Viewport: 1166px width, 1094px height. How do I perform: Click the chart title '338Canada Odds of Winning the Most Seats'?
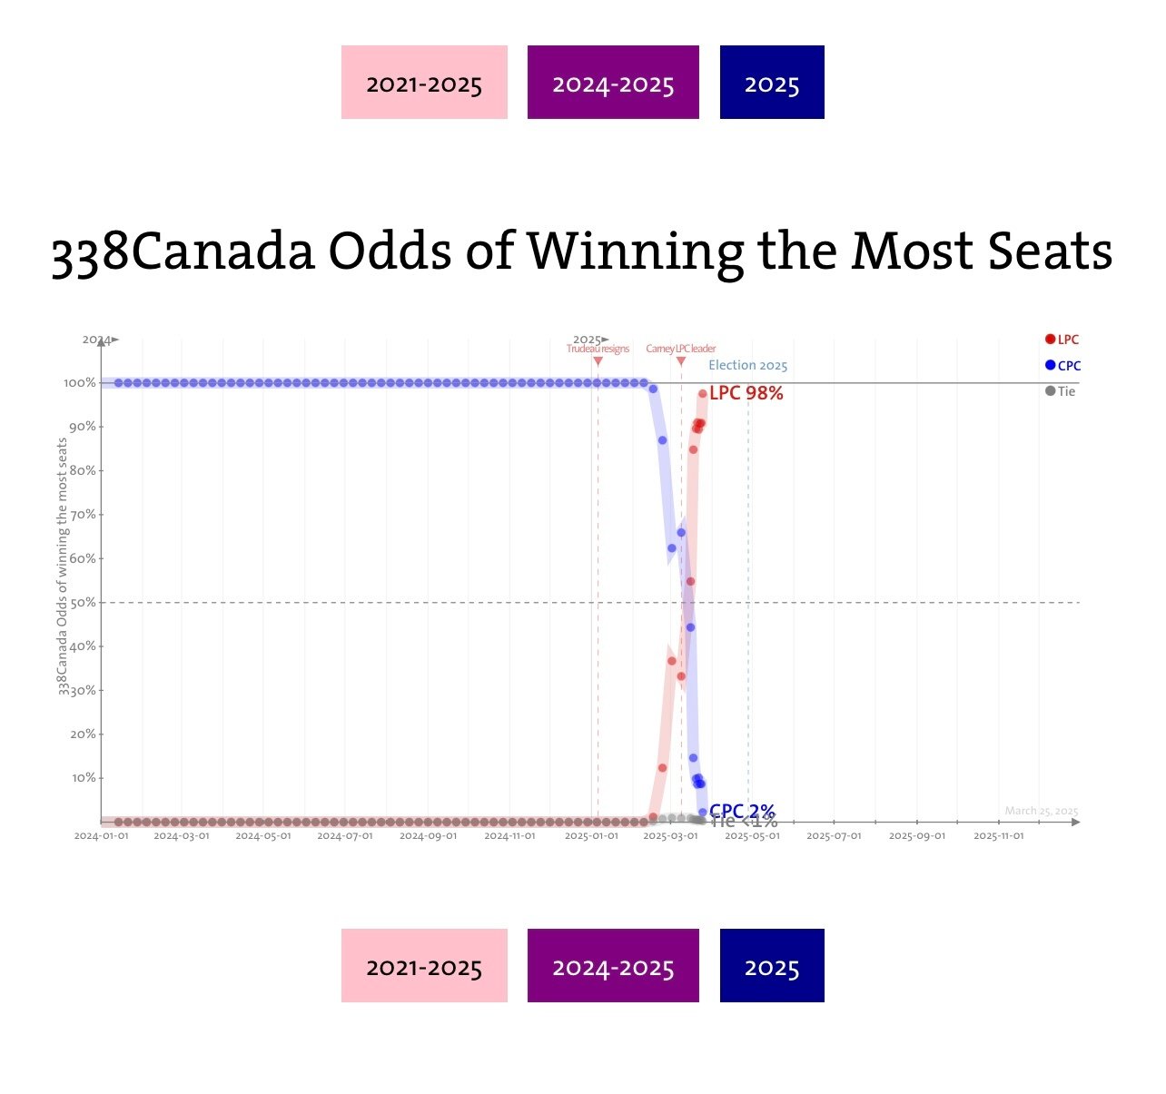pyautogui.click(x=581, y=251)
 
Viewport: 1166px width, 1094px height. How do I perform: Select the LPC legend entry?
pyautogui.click(x=1062, y=340)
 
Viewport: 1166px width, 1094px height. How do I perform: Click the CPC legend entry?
pyautogui.click(x=1062, y=366)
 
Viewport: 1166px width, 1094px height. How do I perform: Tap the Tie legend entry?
pyautogui.click(x=1060, y=391)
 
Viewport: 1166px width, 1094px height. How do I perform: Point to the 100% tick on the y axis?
pyautogui.click(x=80, y=383)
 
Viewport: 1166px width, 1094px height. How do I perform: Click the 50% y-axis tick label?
pyautogui.click(x=82, y=603)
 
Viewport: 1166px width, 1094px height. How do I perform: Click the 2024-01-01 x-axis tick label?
pyautogui.click(x=101, y=836)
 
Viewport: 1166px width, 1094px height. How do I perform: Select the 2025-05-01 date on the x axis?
pyautogui.click(x=752, y=836)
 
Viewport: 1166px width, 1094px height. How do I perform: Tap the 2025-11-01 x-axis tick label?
pyautogui.click(x=998, y=836)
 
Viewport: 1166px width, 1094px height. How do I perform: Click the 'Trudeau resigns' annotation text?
pyautogui.click(x=598, y=350)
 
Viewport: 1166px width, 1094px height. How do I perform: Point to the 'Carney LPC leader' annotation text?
pyautogui.click(x=681, y=350)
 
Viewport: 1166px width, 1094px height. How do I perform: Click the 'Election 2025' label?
pyautogui.click(x=747, y=365)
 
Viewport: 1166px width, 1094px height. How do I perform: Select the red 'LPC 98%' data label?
pyautogui.click(x=746, y=393)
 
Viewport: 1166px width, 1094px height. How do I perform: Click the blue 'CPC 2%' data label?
pyautogui.click(x=742, y=810)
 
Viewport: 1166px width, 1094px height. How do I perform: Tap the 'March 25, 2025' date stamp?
pyautogui.click(x=1041, y=811)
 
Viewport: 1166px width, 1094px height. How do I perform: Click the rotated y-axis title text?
pyautogui.click(x=63, y=567)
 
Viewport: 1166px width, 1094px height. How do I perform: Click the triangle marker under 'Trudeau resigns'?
pyautogui.click(x=598, y=361)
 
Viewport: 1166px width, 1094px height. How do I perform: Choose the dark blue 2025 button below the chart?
pyautogui.click(x=772, y=966)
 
